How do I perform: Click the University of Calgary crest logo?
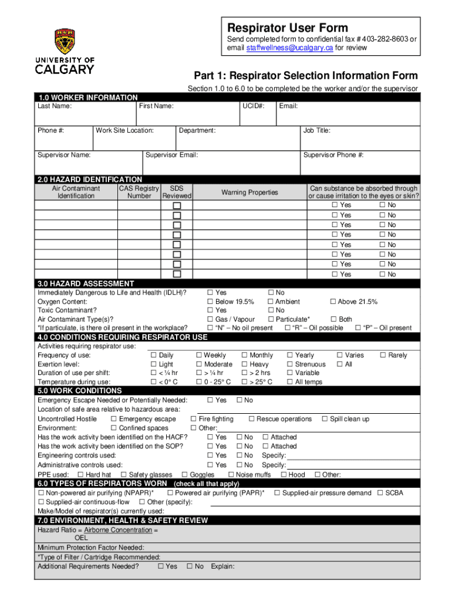click(65, 42)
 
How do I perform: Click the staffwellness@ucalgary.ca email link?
click(289, 48)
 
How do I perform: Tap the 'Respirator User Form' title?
click(288, 28)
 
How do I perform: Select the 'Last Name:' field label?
click(55, 106)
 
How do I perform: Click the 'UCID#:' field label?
click(253, 106)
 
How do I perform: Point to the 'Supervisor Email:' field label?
click(171, 155)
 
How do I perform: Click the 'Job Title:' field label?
click(317, 130)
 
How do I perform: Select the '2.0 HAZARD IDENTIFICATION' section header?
click(90, 179)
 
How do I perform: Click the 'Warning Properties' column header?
click(249, 193)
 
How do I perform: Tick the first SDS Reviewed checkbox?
click(177, 205)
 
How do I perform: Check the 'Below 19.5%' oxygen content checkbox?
click(210, 302)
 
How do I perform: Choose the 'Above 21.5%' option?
click(333, 302)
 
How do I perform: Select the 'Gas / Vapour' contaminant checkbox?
click(210, 319)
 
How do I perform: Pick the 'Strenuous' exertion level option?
click(290, 364)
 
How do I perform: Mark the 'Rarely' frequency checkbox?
click(383, 355)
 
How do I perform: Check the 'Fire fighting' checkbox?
click(194, 419)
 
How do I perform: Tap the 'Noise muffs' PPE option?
click(231, 475)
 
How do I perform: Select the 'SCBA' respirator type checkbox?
click(380, 493)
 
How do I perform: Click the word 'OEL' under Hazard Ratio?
click(82, 538)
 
